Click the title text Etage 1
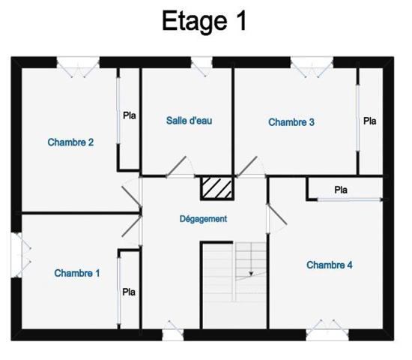click(205, 21)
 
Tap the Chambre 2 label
click(70, 142)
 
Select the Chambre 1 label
click(77, 273)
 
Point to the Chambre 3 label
click(291, 122)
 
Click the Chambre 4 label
click(330, 265)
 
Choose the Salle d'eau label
click(190, 121)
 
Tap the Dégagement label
click(203, 219)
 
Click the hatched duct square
click(217, 188)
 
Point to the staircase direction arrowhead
click(251, 274)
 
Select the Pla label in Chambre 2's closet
click(130, 115)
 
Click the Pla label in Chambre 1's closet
click(129, 292)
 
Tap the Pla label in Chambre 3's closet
click(370, 121)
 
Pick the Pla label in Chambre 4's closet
click(341, 190)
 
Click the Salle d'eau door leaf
click(176, 166)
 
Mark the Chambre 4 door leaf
click(277, 214)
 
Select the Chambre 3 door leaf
click(246, 166)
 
